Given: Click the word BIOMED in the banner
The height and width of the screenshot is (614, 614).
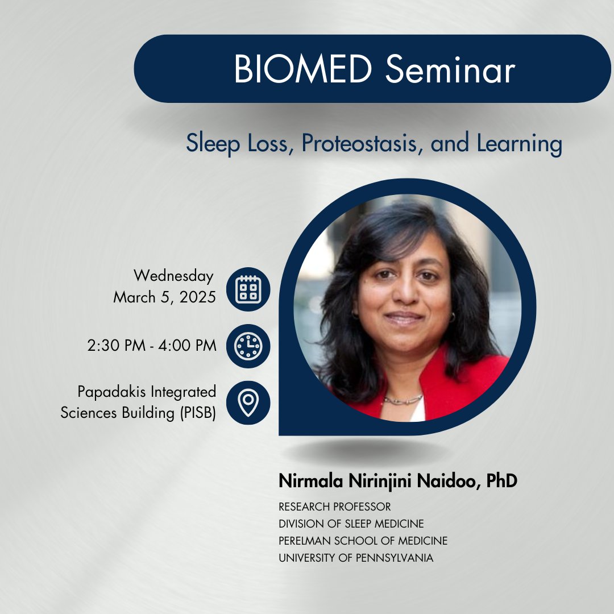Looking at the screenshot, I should point(302,69).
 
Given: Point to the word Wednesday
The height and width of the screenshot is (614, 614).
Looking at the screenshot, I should point(173,276).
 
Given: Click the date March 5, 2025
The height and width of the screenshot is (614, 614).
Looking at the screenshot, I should point(164,297).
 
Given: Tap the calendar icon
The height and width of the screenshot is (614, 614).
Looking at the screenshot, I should point(248,289).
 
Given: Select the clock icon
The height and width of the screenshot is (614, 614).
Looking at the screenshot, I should point(248,345).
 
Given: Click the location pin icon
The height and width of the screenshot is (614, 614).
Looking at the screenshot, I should point(248,403).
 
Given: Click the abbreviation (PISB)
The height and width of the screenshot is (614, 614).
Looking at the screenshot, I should point(194,413).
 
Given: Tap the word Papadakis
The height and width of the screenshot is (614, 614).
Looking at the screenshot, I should point(108,392).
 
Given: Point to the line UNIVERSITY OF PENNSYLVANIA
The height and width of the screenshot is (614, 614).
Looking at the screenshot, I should point(356,558).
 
